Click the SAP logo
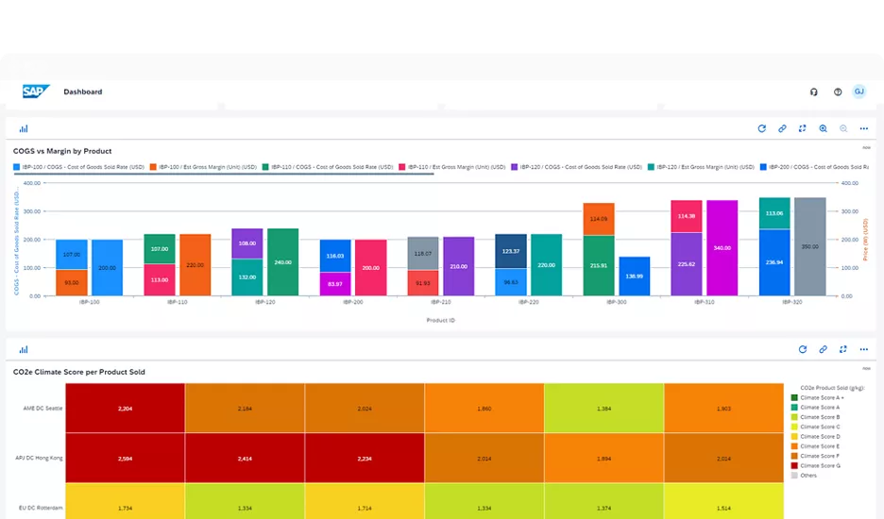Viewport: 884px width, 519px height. pyautogui.click(x=36, y=92)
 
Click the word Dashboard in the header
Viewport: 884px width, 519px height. pyautogui.click(x=83, y=92)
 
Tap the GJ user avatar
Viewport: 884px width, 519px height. pyautogui.click(x=858, y=92)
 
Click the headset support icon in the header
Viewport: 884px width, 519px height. pyautogui.click(x=814, y=92)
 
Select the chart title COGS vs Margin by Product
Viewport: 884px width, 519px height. pyautogui.click(x=62, y=151)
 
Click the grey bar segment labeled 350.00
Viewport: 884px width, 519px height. pyautogui.click(x=809, y=246)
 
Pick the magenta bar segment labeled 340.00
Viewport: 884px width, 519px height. pyautogui.click(x=722, y=247)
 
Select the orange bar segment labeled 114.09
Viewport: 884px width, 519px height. pyautogui.click(x=599, y=219)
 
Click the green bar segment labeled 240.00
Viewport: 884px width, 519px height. pyautogui.click(x=282, y=261)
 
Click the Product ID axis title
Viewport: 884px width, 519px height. pyautogui.click(x=441, y=320)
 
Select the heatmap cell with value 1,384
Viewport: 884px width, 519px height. pyautogui.click(x=604, y=409)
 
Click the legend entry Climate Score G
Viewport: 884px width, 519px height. pyautogui.click(x=819, y=465)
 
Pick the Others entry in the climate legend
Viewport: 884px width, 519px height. pyautogui.click(x=809, y=476)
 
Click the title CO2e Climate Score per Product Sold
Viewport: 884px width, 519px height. pyautogui.click(x=79, y=372)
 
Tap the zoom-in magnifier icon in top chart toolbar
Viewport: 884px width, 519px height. pyautogui.click(x=824, y=128)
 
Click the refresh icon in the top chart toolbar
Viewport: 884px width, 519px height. pyautogui.click(x=762, y=128)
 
